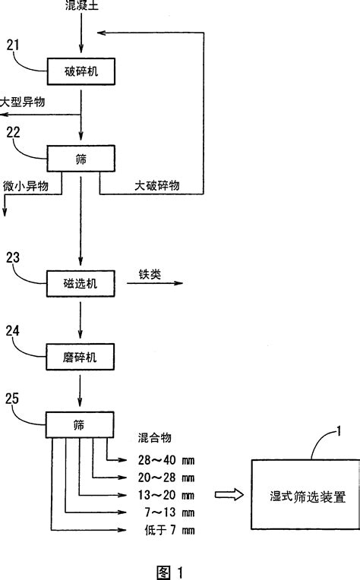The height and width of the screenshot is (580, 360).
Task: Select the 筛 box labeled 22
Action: (81, 159)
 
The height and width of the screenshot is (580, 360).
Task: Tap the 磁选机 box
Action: (81, 282)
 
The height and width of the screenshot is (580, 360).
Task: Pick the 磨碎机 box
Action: (81, 355)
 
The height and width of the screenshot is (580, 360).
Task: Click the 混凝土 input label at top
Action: (81, 6)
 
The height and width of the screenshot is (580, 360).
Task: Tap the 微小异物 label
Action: (27, 185)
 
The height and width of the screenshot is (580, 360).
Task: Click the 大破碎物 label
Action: (156, 185)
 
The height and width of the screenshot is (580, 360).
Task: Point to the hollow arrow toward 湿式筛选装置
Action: (228, 495)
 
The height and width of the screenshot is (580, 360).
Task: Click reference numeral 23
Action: (14, 257)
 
